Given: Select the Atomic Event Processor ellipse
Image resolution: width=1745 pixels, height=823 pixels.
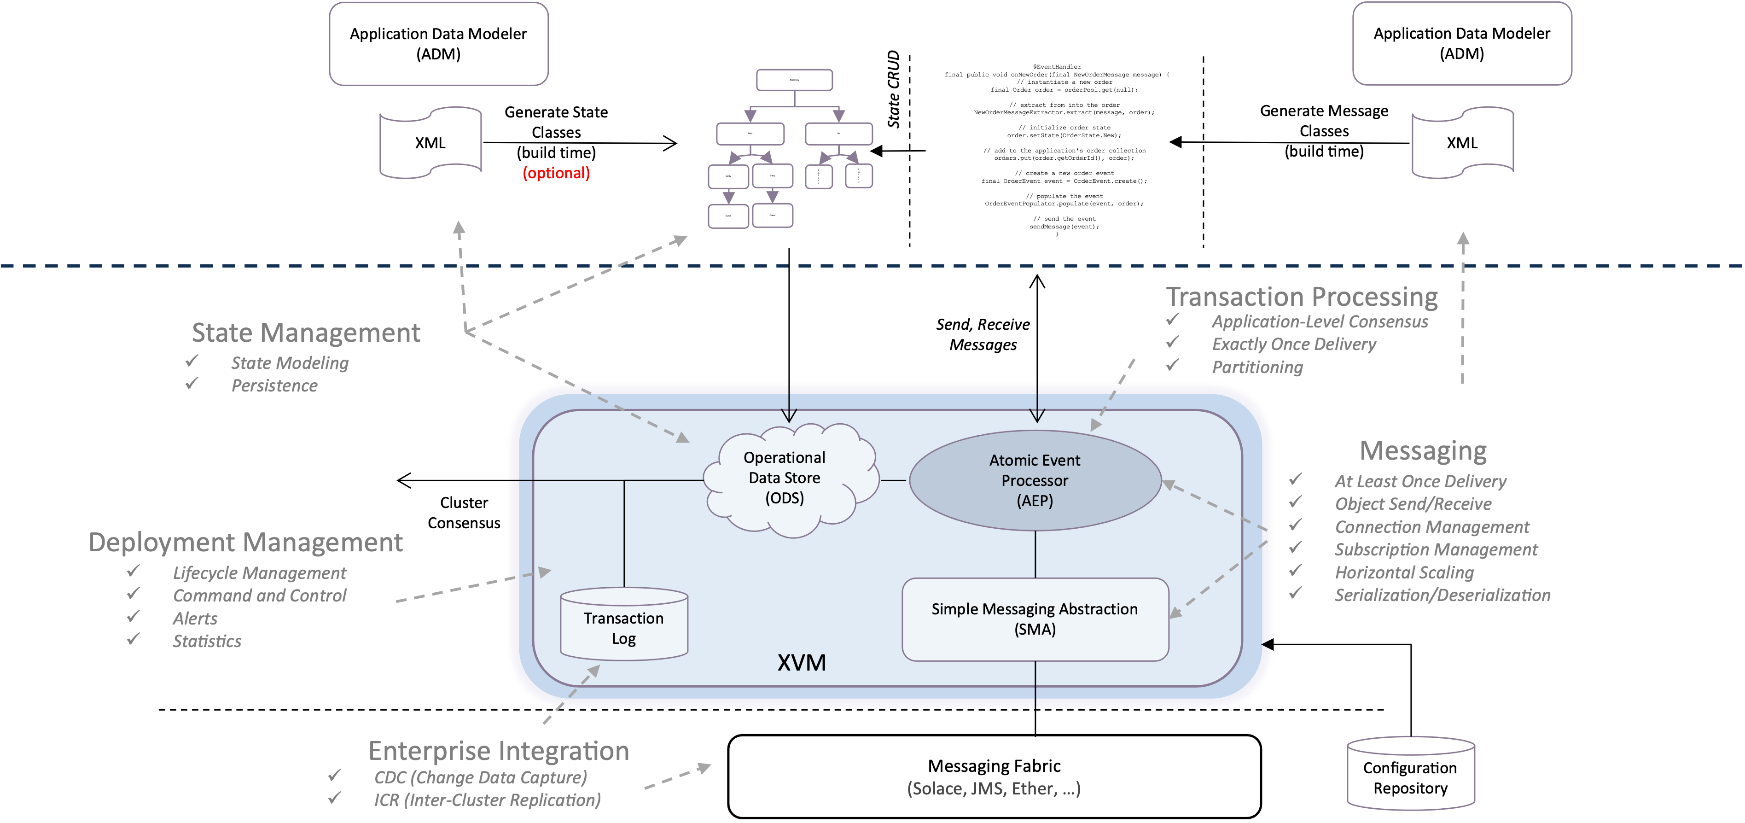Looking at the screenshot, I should click(1035, 480).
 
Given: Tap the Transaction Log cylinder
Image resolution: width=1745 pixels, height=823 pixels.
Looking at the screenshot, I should click(624, 627).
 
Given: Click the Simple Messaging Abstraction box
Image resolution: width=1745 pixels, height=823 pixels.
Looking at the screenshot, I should click(1035, 619).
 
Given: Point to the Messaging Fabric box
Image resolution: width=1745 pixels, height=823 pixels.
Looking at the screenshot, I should click(994, 776).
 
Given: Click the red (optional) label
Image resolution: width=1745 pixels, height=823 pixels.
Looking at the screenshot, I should click(556, 174).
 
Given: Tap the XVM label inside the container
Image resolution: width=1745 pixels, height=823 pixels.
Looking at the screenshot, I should click(802, 662).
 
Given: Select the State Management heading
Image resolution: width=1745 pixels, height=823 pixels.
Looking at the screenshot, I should click(306, 333).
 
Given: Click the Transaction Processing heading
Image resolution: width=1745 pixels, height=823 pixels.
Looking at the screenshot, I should click(1301, 297).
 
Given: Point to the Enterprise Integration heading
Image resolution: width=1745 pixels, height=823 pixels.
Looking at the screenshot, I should click(499, 751).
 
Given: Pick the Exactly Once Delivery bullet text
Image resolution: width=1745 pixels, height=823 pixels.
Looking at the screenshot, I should click(1294, 344).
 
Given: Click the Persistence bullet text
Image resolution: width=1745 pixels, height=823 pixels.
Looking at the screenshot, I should click(274, 385).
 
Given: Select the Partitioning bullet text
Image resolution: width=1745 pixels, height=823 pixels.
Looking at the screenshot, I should click(1257, 367).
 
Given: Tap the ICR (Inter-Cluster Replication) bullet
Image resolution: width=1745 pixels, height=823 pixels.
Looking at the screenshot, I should click(487, 800).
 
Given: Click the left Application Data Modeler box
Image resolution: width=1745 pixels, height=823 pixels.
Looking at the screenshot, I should click(438, 44).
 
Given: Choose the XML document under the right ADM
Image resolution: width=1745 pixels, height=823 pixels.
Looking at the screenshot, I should click(1462, 143).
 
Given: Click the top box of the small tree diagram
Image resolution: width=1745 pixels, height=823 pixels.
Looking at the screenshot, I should click(794, 80).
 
